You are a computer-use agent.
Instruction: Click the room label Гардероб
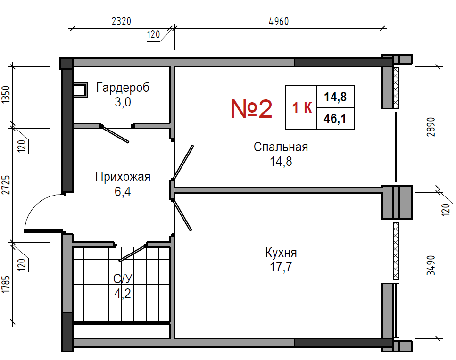pos(123,88)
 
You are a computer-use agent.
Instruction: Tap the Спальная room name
pos(281,147)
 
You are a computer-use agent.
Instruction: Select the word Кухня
pos(281,253)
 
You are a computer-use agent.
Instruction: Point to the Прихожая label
pos(123,177)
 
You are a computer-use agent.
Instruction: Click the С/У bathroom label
pos(123,278)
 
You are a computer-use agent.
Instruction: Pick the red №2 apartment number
pos(251,108)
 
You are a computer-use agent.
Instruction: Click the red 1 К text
pos(302,107)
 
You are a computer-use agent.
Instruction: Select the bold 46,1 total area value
pos(335,119)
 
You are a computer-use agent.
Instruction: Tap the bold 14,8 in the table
pos(335,97)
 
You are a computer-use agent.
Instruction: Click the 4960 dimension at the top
pos(279,21)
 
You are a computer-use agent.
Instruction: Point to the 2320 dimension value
pos(121,21)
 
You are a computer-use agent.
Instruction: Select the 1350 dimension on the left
pos(6,94)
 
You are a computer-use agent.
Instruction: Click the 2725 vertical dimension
pos(6,185)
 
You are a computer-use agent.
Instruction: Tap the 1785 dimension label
pos(6,284)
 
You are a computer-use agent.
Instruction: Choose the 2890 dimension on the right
pos(431,127)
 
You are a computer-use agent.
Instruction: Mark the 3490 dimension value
pos(431,265)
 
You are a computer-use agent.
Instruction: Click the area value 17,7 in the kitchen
pos(281,267)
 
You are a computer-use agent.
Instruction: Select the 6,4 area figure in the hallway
pos(123,192)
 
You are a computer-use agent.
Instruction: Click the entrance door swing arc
pos(37,203)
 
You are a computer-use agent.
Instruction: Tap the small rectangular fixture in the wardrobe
pos(80,90)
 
